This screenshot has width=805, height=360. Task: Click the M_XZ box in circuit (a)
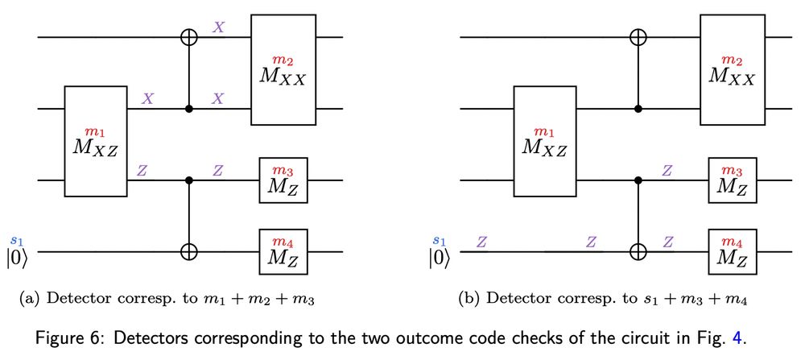[x=96, y=142]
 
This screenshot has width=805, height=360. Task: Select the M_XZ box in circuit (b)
[x=545, y=142]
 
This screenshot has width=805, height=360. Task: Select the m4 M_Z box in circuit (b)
[x=732, y=252]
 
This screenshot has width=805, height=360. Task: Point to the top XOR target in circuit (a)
[x=189, y=37]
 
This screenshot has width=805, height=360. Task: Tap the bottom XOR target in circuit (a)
[x=189, y=252]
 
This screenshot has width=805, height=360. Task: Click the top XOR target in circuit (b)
[x=638, y=37]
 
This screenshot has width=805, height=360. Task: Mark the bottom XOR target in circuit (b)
[x=638, y=252]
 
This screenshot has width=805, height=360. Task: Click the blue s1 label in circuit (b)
[x=439, y=240]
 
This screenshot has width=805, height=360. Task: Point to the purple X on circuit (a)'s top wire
[x=217, y=27]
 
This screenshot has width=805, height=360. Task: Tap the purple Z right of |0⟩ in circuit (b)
[x=481, y=241]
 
